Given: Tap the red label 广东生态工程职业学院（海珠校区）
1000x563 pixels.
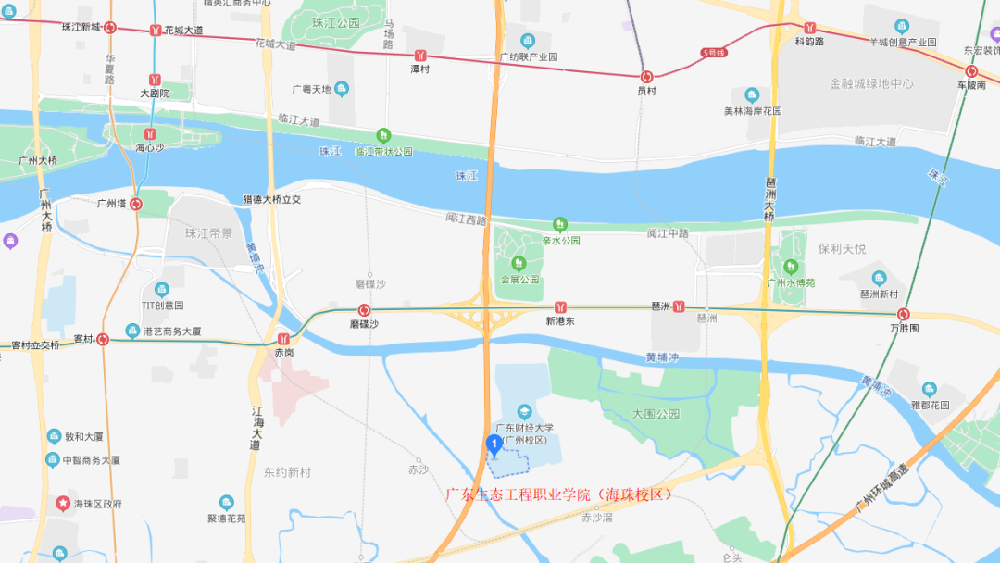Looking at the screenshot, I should [x=559, y=494].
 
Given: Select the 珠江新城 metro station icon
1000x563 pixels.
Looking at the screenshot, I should [x=110, y=28].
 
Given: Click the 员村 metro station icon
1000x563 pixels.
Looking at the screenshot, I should [x=646, y=77].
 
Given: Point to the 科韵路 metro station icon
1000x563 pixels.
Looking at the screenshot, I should [x=810, y=28].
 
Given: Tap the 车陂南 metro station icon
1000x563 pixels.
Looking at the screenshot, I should [x=971, y=71].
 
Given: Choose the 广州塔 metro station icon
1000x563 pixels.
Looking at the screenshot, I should [x=136, y=203].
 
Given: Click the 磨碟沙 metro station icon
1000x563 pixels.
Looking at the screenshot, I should [x=365, y=310].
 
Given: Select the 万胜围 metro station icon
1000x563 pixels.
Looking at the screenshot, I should [x=903, y=314].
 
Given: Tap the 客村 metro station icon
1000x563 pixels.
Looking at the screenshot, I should [x=103, y=339].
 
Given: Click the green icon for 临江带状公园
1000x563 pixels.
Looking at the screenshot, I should [x=382, y=135].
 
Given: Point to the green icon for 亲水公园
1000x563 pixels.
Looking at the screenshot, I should [x=559, y=224].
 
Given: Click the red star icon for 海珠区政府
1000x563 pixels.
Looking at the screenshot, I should [x=62, y=504].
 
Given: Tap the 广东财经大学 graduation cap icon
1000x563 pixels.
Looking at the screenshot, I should [x=524, y=411].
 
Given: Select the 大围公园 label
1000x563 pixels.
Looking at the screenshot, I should [x=656, y=413].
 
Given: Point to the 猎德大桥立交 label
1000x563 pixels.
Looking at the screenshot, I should [x=271, y=199].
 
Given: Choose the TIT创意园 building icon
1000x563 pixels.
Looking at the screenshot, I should [x=162, y=289].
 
